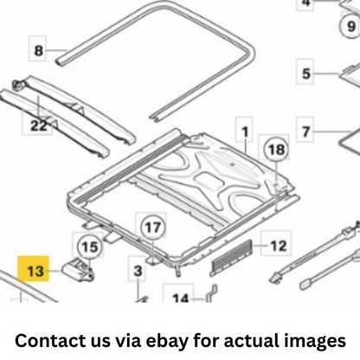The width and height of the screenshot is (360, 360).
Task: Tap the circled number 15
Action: click(90, 247)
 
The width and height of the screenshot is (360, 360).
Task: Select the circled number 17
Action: click(152, 228)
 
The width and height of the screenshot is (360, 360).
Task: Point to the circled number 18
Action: click(276, 149)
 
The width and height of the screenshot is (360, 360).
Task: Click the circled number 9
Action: click(350, 26)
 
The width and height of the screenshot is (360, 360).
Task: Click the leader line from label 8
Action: click(56, 50)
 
